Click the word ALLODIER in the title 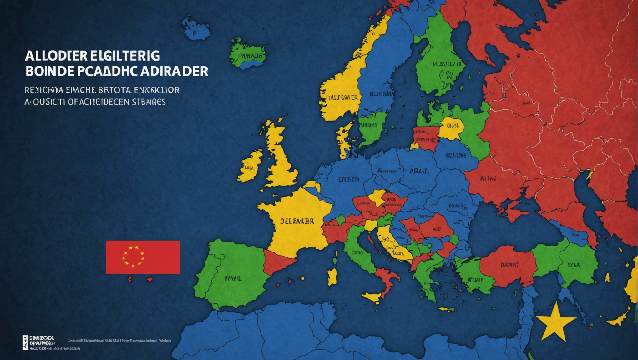click(x=56, y=56)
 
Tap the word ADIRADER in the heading click(x=174, y=71)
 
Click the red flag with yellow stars click(x=143, y=257)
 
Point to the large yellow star click(x=555, y=323)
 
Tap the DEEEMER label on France click(x=297, y=221)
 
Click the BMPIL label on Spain click(x=233, y=278)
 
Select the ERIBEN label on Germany click(x=348, y=179)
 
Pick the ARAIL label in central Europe click(x=419, y=171)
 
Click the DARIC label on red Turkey click(x=509, y=265)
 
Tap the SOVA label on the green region click(x=573, y=265)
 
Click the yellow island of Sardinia click(x=332, y=276)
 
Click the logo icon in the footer click(x=25, y=342)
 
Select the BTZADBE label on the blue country click(x=455, y=155)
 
